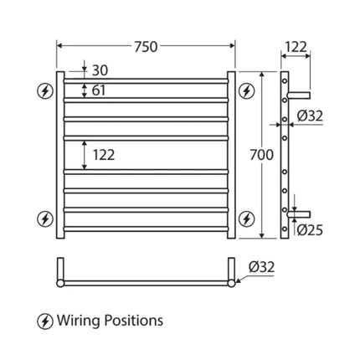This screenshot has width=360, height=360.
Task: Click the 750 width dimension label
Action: [147, 48]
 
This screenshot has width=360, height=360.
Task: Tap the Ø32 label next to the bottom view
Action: [260, 267]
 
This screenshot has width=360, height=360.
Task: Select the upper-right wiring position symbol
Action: [246, 90]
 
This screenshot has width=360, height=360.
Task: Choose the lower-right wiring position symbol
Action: [246, 219]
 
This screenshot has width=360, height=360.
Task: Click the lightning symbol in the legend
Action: [45, 320]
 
